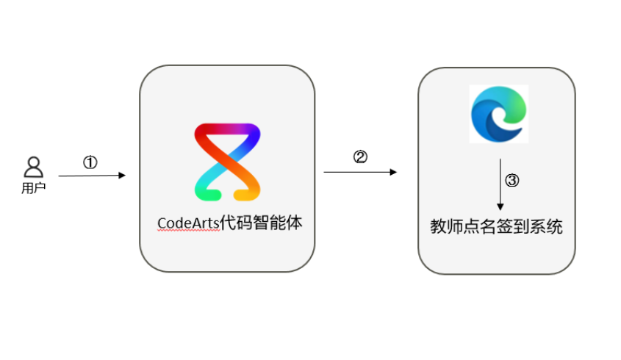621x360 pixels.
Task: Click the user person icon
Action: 34,167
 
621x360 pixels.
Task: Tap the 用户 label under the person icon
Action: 34,188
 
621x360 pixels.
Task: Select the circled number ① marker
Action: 90,162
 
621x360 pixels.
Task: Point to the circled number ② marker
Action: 360,156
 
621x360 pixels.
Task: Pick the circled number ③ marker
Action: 512,181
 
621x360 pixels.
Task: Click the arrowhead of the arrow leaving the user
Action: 122,176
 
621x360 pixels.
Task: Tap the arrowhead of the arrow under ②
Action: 393,172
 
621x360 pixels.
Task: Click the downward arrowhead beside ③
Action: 500,206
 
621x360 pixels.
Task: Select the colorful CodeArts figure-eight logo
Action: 227,162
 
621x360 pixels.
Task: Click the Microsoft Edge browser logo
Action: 498,114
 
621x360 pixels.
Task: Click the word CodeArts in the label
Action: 189,223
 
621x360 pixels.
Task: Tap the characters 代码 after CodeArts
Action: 236,223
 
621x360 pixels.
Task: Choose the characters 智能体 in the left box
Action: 278,223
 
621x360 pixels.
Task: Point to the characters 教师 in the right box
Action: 446,226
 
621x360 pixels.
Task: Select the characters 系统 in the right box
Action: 546,226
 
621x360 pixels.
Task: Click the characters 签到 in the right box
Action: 513,226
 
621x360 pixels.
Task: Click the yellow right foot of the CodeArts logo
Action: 246,195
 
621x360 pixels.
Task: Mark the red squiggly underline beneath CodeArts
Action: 189,231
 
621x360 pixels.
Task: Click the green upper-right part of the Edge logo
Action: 515,105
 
